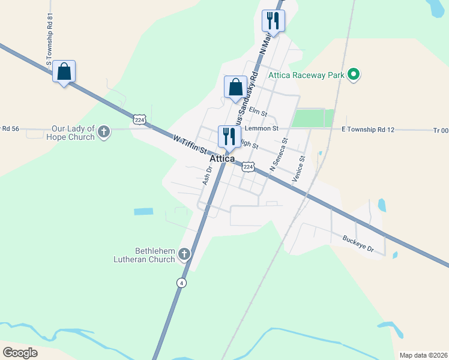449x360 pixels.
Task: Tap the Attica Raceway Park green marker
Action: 354,75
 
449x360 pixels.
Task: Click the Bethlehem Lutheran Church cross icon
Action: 184,254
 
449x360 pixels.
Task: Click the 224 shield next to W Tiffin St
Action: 140,120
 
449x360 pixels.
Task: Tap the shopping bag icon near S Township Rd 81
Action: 64,72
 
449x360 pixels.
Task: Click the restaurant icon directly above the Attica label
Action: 229,136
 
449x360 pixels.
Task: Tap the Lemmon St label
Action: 265,128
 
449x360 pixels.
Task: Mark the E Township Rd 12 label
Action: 368,129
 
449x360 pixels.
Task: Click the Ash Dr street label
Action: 208,175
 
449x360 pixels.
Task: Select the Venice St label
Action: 298,170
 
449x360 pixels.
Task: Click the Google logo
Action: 20,353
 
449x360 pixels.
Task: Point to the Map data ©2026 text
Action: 423,355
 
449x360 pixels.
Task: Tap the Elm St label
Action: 258,110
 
